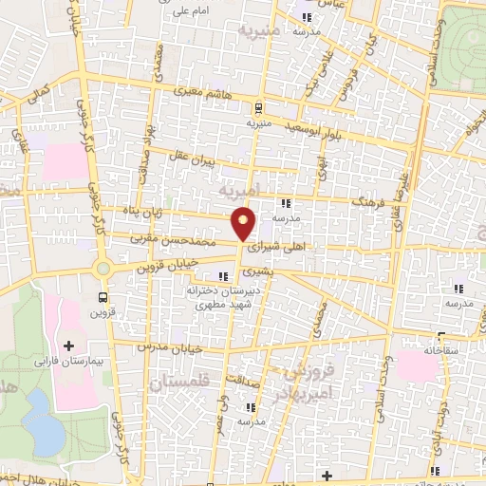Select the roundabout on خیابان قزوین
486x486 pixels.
(x=103, y=269)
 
